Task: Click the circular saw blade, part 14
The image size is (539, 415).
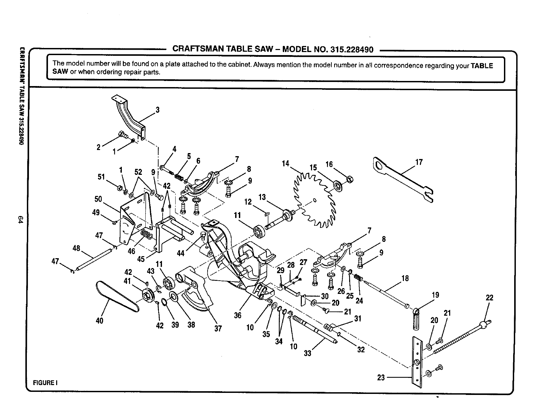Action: pyautogui.click(x=315, y=201)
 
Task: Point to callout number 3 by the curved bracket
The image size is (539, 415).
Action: pyautogui.click(x=157, y=110)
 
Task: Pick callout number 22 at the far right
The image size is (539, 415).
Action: pyautogui.click(x=489, y=298)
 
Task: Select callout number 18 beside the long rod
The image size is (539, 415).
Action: pyautogui.click(x=405, y=278)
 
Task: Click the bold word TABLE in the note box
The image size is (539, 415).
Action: pyautogui.click(x=481, y=66)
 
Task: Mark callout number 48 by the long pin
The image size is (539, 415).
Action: pyautogui.click(x=76, y=248)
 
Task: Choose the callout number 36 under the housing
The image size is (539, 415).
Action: pyautogui.click(x=238, y=315)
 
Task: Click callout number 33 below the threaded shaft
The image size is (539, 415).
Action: pyautogui.click(x=308, y=353)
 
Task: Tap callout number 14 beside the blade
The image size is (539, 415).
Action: pyautogui.click(x=285, y=163)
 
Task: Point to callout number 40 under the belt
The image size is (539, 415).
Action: pyautogui.click(x=99, y=320)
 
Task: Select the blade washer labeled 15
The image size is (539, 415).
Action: pyautogui.click(x=338, y=186)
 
